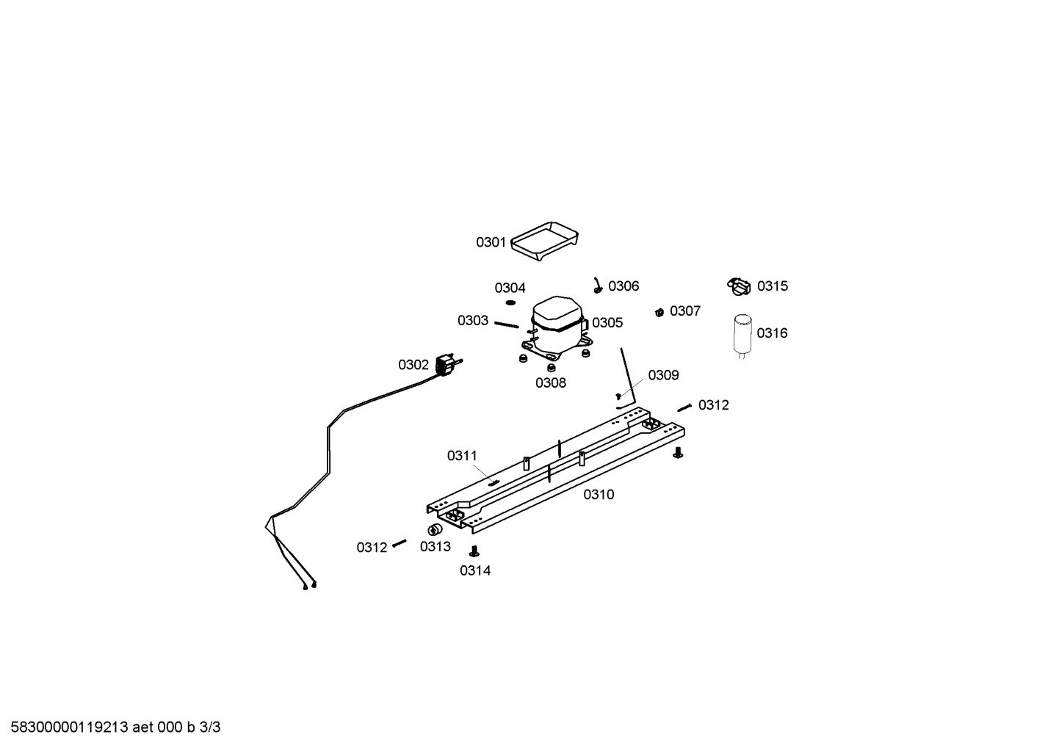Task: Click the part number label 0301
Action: (491, 242)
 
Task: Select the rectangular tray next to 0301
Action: (545, 241)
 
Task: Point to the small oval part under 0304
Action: (510, 302)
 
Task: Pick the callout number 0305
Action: (607, 323)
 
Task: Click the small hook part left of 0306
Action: (598, 286)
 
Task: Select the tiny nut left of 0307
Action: (659, 312)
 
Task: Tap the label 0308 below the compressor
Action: (550, 382)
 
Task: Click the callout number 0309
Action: (663, 375)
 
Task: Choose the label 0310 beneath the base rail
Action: (599, 495)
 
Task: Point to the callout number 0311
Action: (463, 456)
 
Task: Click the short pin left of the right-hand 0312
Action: (684, 408)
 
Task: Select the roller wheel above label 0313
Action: (432, 530)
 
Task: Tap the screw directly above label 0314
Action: (474, 551)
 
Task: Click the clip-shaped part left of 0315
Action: (739, 287)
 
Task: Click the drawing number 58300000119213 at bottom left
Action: (70, 727)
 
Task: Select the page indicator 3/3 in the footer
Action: (210, 727)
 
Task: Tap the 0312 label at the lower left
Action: (372, 548)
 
